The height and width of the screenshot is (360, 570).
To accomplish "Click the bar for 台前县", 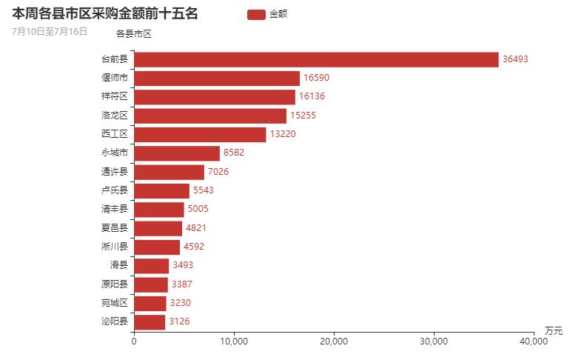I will (x=316, y=59).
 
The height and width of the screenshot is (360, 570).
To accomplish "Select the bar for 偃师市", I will (x=217, y=78).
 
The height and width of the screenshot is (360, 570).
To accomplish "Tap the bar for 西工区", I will (x=200, y=134).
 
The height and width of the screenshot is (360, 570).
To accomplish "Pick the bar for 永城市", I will (x=177, y=153).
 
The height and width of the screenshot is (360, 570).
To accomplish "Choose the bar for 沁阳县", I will (x=150, y=321).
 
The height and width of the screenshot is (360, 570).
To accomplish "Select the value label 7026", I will (x=220, y=172).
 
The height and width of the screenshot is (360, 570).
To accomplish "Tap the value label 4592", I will (x=195, y=247).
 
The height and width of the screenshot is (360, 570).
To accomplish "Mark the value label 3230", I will (x=182, y=303).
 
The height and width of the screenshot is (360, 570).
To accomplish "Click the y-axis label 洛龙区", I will (x=115, y=116).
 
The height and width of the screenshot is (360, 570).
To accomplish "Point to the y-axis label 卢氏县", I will (x=115, y=190).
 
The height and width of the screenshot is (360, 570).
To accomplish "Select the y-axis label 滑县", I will (x=118, y=265).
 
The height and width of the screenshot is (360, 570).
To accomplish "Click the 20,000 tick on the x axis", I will (x=334, y=341).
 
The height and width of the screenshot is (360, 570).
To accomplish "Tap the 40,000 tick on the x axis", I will (x=534, y=341).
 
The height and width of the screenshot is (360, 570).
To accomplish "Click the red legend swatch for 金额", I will (x=256, y=14).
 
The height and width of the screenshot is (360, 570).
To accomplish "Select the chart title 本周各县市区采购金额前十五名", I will (x=105, y=13).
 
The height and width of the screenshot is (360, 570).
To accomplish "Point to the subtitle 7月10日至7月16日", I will (x=50, y=31).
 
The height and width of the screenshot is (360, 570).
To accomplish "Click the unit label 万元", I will (x=553, y=330).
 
